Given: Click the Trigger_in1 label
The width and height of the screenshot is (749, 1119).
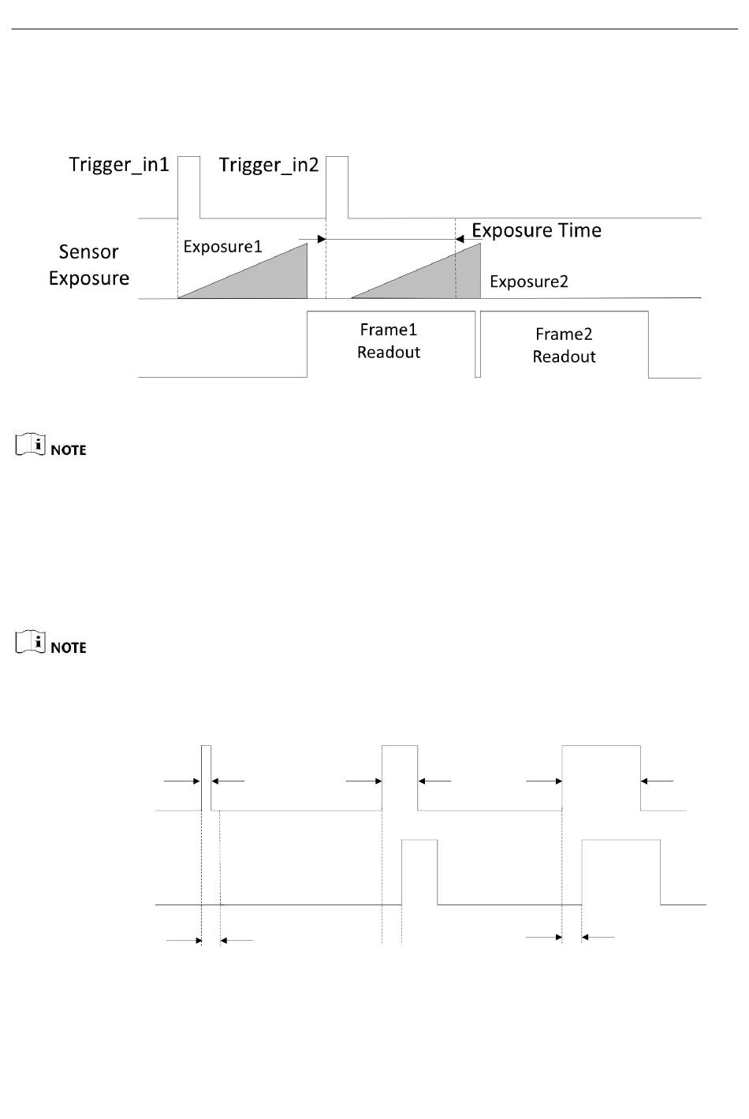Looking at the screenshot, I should coord(119,165).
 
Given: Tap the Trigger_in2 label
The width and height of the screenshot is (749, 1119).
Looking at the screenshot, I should coord(268,165).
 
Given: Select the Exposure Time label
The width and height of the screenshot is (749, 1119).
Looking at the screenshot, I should coord(536,230).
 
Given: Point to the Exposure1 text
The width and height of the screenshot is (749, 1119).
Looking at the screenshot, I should coord(222,247).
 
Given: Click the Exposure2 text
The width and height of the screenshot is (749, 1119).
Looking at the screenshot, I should coord(528,282).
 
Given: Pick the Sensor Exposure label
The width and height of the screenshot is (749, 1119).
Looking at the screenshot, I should coord(89,265).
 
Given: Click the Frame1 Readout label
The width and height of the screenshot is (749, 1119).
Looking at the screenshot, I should coord(389,341).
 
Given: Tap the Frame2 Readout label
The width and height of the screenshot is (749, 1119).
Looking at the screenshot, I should coord(564,345).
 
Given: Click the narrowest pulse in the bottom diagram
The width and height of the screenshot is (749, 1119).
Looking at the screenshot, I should coord(207,777).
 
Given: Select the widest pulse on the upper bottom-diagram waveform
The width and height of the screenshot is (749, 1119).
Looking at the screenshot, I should coord(601,777).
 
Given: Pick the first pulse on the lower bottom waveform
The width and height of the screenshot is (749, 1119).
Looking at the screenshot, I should coord(419,872).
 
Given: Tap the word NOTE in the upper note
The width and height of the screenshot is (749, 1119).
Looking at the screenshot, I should coord(69,450).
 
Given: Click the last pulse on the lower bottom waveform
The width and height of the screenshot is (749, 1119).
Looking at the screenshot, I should coord(620,872).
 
